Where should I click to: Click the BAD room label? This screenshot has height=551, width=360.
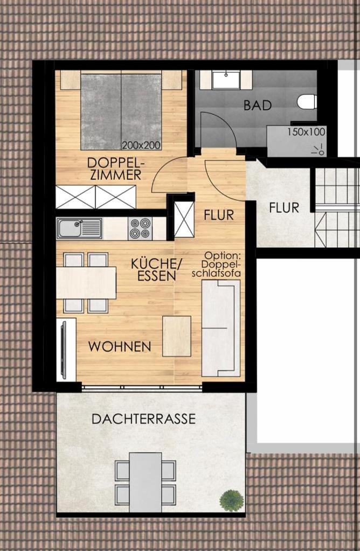258,105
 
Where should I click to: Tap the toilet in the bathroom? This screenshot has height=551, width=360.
307,102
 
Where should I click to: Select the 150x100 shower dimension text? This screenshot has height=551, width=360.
306,132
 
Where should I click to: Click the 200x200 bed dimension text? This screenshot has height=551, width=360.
141,145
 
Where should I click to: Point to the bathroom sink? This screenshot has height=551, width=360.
226,80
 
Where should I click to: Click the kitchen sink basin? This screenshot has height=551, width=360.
70,228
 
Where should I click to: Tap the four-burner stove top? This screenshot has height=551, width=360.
140,228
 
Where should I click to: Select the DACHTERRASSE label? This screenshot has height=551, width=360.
143,419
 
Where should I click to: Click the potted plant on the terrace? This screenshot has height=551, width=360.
231,500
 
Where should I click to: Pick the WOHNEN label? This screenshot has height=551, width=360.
120,346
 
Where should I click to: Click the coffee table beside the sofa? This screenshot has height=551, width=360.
177,336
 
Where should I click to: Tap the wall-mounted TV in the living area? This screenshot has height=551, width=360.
64,349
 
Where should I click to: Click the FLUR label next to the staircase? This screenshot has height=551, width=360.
284,208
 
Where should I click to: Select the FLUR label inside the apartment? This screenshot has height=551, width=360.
219,215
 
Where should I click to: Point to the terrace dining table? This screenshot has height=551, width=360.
146,482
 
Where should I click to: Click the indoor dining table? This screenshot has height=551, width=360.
86,283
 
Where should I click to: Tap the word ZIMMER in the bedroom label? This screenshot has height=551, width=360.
116,175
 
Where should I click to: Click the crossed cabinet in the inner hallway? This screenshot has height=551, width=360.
184,219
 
